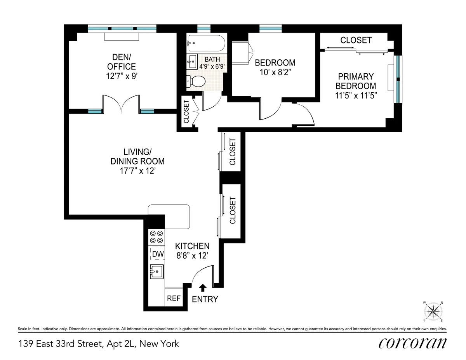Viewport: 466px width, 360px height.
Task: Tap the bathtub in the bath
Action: [x=206, y=43]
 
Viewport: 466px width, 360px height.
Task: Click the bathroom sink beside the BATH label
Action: [x=192, y=60]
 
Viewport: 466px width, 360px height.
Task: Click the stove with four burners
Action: [x=156, y=237]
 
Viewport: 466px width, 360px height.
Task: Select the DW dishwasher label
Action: [x=157, y=254]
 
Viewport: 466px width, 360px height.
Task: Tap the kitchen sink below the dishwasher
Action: [x=157, y=271]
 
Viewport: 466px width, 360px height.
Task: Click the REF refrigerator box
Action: [x=174, y=298]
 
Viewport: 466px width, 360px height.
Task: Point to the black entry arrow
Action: [x=202, y=287]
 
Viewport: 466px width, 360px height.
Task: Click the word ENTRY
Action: [x=205, y=299]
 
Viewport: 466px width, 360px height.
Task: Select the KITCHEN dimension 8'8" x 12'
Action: [x=192, y=256]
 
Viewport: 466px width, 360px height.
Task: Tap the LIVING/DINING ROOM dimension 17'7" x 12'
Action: [x=137, y=171]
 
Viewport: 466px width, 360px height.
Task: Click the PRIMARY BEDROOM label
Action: [x=356, y=81]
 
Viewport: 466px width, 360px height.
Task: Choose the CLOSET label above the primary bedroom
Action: [x=356, y=40]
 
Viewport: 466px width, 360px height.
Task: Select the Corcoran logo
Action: [x=412, y=343]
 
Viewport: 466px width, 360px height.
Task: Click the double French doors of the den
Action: [x=121, y=104]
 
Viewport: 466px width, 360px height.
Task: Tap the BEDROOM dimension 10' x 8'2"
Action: [x=275, y=72]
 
